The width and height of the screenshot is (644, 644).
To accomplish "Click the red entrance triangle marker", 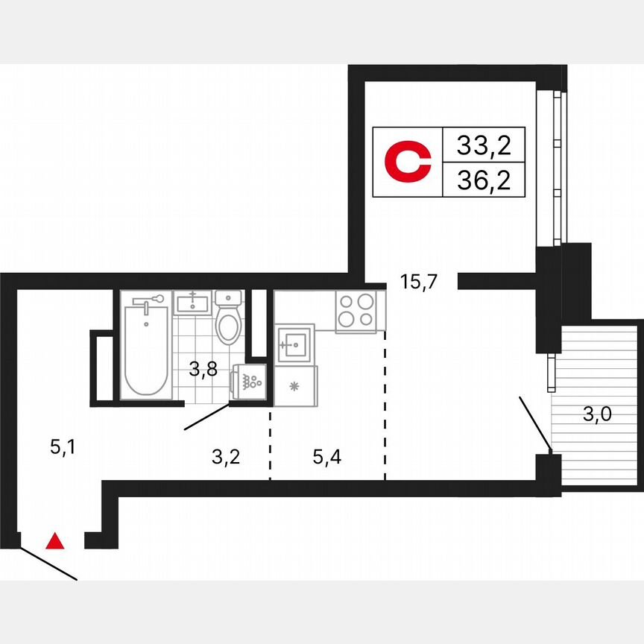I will pyautogui.click(x=55, y=541).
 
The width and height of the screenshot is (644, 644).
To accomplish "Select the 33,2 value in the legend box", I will pyautogui.click(x=484, y=145).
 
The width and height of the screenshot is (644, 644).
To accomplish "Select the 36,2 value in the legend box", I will pyautogui.click(x=484, y=180).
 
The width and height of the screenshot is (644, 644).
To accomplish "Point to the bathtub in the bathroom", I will pyautogui.click(x=145, y=347).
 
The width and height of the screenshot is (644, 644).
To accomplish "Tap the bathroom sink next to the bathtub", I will pyautogui.click(x=193, y=303).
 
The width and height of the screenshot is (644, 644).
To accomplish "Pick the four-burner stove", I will pyautogui.click(x=356, y=311).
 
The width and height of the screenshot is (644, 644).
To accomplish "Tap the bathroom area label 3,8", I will pyautogui.click(x=202, y=369).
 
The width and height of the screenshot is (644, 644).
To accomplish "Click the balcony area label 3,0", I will pyautogui.click(x=598, y=415).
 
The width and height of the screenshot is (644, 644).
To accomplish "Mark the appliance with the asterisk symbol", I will pyautogui.click(x=295, y=386).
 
